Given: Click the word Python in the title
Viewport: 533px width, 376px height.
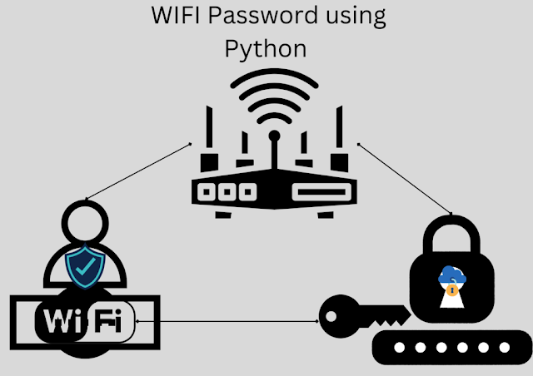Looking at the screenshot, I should tap(266, 49).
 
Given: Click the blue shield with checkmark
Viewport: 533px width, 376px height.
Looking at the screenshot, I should tap(86, 266).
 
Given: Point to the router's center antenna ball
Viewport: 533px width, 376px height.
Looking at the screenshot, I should tap(273, 135).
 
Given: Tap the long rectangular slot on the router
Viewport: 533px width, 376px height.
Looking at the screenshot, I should tap(320, 191).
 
